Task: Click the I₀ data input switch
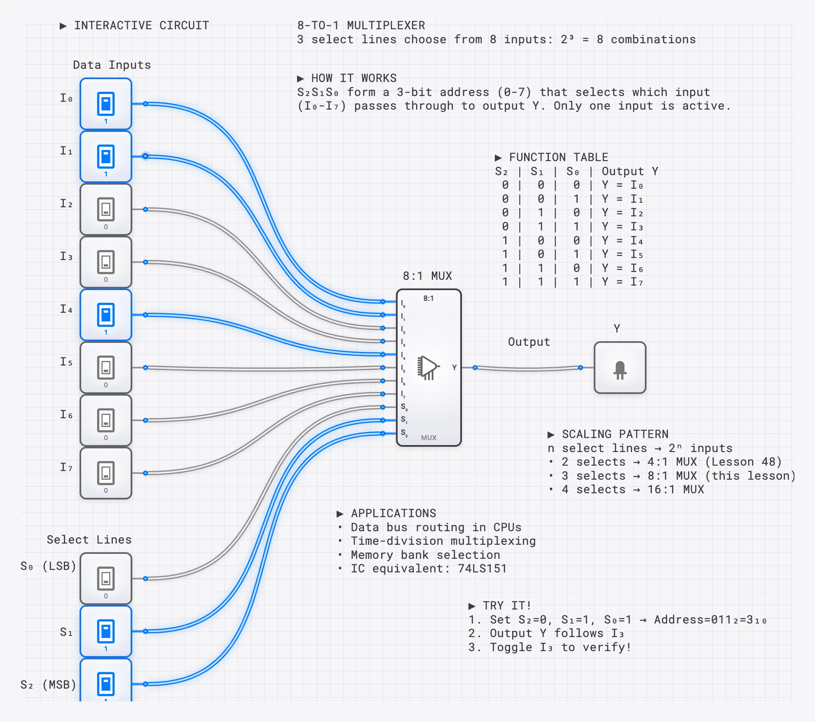tap(106, 104)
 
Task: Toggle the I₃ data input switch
tap(106, 262)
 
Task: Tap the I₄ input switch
tap(106, 315)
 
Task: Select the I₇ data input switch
tap(106, 473)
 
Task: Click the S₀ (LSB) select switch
tap(106, 579)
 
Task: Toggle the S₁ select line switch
tap(106, 631)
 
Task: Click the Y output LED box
tap(620, 368)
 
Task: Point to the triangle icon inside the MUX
tap(428, 367)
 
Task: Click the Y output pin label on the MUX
tap(454, 367)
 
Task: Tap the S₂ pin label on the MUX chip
tap(404, 433)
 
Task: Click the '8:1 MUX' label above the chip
tap(427, 276)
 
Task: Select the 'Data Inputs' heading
tap(112, 65)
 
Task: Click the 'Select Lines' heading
tap(89, 539)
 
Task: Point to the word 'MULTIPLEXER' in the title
tap(386, 26)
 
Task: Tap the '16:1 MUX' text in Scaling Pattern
tap(675, 489)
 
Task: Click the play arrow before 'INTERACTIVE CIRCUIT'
tap(63, 26)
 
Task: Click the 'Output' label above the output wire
tap(529, 342)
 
